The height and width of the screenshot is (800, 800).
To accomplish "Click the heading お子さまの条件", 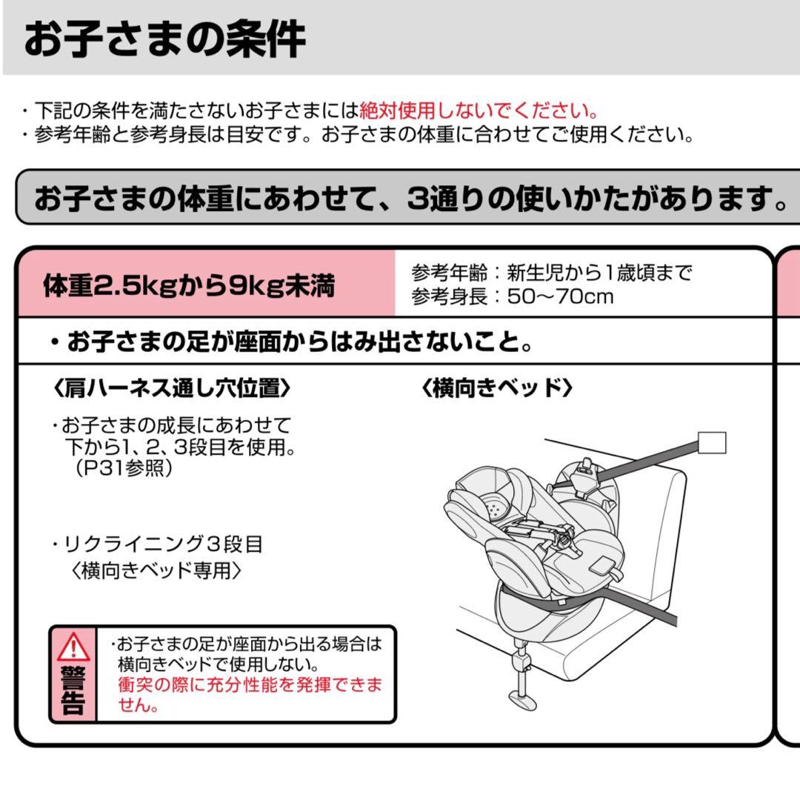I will click(x=164, y=39).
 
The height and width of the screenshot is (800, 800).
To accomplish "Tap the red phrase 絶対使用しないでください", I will click(x=479, y=112).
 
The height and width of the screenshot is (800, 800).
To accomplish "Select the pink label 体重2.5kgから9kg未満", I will click(x=188, y=286).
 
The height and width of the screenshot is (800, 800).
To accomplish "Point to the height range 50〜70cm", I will click(x=561, y=297).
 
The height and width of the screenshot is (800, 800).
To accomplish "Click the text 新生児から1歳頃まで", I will click(x=599, y=273).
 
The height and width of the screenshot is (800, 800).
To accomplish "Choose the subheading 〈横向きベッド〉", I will click(x=497, y=387).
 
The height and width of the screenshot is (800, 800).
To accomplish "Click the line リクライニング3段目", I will click(x=163, y=544).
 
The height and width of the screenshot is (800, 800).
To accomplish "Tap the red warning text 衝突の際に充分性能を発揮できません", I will click(x=249, y=694).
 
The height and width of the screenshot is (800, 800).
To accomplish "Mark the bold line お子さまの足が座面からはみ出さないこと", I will click(x=293, y=341).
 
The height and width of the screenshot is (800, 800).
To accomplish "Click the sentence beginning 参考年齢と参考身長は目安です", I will click(x=363, y=136).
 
